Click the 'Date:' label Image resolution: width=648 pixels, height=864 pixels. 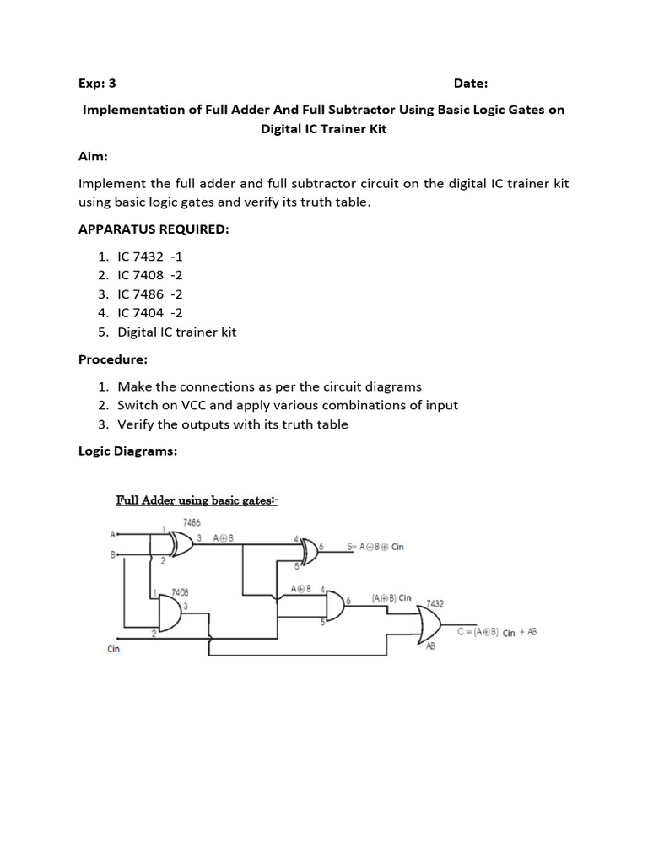[470, 83]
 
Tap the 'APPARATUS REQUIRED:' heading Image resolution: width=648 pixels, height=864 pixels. [154, 230]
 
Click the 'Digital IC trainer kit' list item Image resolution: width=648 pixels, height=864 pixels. [177, 332]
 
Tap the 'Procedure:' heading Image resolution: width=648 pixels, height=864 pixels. [113, 359]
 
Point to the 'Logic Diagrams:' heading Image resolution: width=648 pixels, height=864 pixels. [128, 451]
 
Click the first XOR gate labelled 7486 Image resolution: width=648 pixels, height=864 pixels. [180, 542]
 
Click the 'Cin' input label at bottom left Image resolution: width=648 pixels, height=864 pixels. [115, 650]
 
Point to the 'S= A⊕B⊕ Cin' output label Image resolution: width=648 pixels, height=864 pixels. [376, 547]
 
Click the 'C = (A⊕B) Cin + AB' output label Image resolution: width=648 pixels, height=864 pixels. [498, 632]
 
